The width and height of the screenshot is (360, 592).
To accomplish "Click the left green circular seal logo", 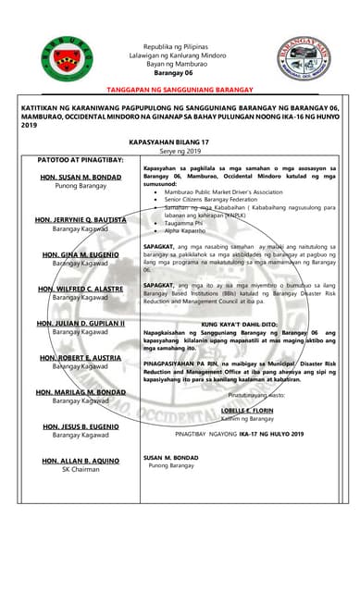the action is (x=67, y=57).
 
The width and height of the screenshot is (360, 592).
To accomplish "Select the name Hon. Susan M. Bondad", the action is (x=81, y=176).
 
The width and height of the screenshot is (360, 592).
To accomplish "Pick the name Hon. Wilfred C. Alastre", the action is (x=81, y=289).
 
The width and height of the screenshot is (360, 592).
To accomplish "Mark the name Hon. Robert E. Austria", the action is (x=81, y=357).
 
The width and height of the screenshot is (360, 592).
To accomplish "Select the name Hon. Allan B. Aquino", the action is (x=81, y=460).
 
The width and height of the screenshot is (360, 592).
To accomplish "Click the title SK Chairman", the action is (x=80, y=469).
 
